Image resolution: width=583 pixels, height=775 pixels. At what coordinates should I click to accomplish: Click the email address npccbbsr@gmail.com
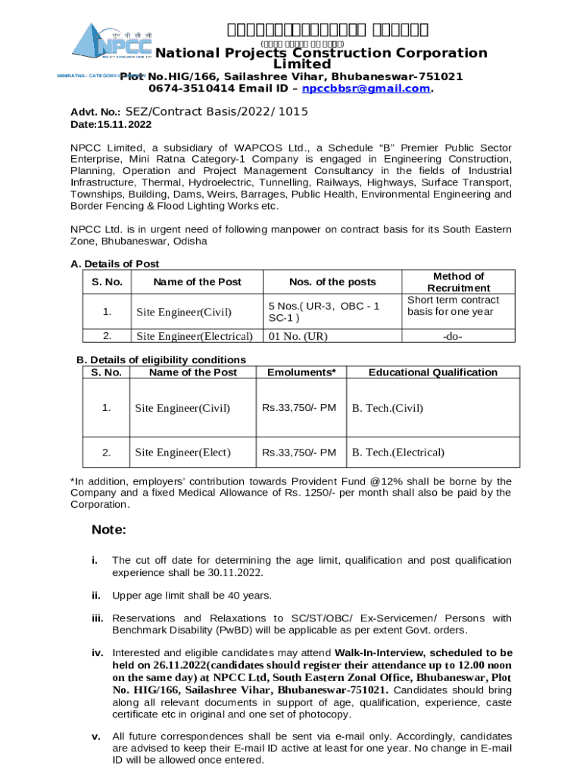click(366, 89)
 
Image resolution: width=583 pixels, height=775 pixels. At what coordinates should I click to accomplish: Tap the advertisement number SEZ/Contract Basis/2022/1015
click(217, 112)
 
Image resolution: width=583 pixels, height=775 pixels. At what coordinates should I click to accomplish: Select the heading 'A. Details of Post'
click(114, 264)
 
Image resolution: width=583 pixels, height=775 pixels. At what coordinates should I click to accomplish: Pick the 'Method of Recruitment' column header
click(457, 282)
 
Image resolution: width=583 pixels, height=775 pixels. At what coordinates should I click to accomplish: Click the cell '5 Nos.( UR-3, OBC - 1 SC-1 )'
click(323, 312)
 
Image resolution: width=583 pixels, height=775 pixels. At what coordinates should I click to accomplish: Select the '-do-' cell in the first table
click(458, 336)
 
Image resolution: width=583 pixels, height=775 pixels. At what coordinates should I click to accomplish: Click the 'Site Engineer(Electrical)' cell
click(194, 336)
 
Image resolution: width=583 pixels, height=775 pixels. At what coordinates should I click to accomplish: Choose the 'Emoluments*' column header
click(301, 372)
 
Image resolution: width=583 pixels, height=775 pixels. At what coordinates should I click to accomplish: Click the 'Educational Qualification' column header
click(432, 372)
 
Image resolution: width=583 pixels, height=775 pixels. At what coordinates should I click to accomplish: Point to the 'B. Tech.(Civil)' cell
click(387, 409)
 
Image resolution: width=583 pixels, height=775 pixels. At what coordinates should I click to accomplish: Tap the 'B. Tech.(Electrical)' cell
click(397, 453)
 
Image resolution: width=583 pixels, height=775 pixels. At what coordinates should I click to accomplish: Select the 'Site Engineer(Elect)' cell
click(182, 453)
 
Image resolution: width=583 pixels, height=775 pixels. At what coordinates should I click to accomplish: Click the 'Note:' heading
click(108, 530)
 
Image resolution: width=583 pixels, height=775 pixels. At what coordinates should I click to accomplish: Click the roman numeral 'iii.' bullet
click(97, 618)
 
